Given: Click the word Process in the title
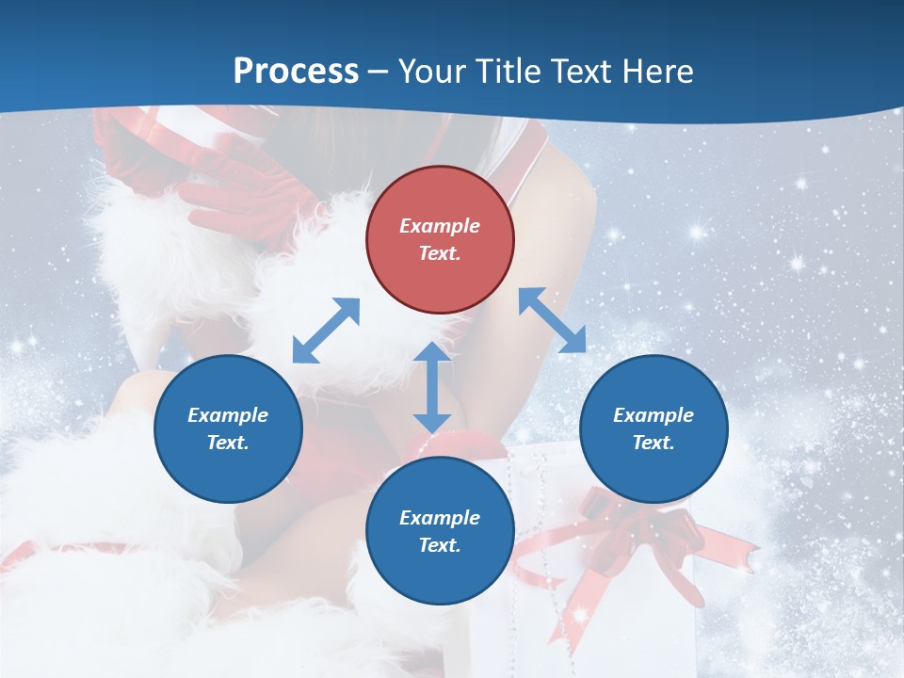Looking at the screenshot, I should [296, 71].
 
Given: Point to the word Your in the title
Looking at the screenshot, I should [432, 71].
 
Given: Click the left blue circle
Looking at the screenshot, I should [228, 428].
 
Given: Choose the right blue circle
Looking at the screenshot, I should [654, 428].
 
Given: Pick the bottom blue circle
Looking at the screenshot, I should [440, 531].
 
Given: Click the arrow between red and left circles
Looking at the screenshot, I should [326, 331].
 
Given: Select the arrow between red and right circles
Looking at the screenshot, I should [552, 320].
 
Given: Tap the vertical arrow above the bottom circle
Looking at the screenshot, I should [432, 388].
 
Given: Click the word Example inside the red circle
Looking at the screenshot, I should [440, 226].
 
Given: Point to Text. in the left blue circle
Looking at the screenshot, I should [228, 443].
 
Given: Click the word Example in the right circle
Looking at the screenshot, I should [654, 415].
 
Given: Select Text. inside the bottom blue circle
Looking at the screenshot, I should [440, 545].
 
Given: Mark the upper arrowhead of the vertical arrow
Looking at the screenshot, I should [432, 353].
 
